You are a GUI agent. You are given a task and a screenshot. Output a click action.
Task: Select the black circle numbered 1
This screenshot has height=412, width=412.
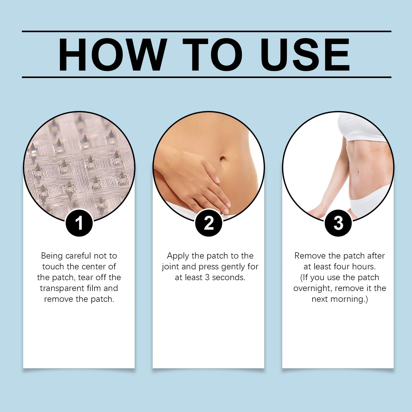click(x=79, y=223)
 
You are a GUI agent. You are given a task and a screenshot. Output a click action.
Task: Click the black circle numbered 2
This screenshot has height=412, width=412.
click(x=209, y=223)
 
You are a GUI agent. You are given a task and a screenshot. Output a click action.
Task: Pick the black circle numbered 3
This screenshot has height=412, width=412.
click(x=338, y=223)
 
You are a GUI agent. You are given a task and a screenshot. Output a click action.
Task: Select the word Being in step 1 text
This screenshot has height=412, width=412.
click(x=52, y=256)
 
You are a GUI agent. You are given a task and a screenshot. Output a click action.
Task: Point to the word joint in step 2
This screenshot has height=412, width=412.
click(x=170, y=267)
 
